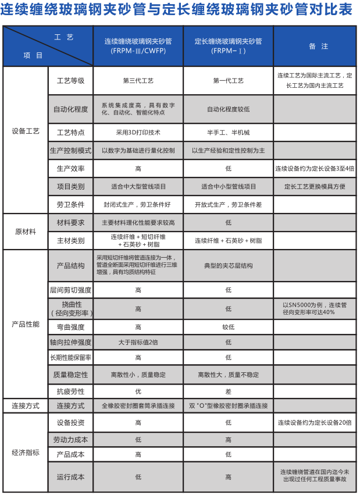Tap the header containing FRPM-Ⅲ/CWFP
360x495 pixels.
click(x=138, y=46)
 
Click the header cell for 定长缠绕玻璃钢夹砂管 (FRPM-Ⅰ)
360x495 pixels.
click(x=228, y=46)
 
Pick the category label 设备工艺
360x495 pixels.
click(x=25, y=131)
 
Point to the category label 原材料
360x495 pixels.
click(x=25, y=232)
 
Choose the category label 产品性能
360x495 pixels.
click(x=25, y=324)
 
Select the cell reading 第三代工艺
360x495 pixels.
click(x=138, y=80)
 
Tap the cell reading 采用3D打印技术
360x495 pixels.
click(x=138, y=132)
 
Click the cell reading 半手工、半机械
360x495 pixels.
click(x=228, y=132)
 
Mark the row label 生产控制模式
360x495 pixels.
click(x=71, y=151)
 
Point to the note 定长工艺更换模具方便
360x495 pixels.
click(x=315, y=187)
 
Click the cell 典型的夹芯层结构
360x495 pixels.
click(x=228, y=266)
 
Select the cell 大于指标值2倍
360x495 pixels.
click(x=138, y=342)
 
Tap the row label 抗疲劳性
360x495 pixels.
click(x=71, y=391)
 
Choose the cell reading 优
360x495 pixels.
click(x=138, y=391)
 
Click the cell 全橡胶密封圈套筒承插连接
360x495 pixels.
click(x=138, y=405)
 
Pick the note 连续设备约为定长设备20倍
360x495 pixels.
click(x=315, y=423)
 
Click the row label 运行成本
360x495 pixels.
click(x=71, y=477)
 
